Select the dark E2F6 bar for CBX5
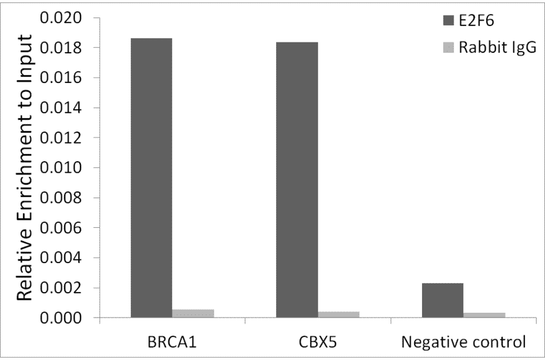coord(297,179)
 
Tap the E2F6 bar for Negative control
coord(443,300)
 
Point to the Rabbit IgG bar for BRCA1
coord(193,313)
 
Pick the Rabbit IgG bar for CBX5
coord(339,315)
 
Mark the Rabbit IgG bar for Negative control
coord(484,315)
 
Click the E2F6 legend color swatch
coord(449,21)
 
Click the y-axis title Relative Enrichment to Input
coord(24,168)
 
